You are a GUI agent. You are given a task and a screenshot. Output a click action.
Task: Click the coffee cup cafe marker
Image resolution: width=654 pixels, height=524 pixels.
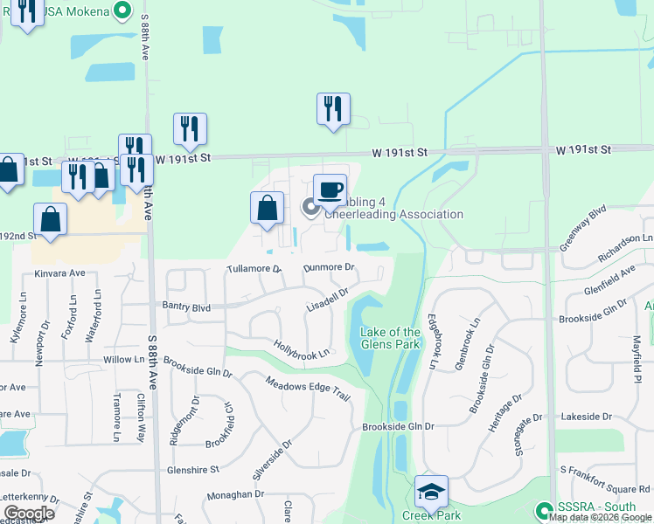[330, 190]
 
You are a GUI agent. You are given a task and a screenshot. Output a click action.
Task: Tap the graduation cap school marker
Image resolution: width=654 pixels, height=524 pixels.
[431, 493]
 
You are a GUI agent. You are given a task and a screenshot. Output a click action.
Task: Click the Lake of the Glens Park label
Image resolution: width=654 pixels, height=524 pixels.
[391, 338]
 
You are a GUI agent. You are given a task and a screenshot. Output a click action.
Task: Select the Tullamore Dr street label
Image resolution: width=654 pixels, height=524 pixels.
[254, 269]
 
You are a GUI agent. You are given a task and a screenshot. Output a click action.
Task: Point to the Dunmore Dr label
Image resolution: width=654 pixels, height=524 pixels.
[329, 268]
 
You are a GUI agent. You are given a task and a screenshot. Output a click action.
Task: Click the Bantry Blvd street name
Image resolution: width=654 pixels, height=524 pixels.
[187, 307]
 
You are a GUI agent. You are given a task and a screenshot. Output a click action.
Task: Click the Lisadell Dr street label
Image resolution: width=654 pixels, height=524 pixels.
[328, 302]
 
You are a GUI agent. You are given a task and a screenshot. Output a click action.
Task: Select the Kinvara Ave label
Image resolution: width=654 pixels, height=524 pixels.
[59, 273]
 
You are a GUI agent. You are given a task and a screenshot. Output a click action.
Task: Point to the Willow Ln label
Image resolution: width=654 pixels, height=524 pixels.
[123, 359]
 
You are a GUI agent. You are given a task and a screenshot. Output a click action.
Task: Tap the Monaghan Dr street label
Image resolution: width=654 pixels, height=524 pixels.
[235, 494]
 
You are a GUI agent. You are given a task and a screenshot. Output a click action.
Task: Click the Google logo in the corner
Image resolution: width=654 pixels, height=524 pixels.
[29, 513]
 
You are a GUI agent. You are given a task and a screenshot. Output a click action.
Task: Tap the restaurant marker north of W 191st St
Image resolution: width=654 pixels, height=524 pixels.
[333, 109]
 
